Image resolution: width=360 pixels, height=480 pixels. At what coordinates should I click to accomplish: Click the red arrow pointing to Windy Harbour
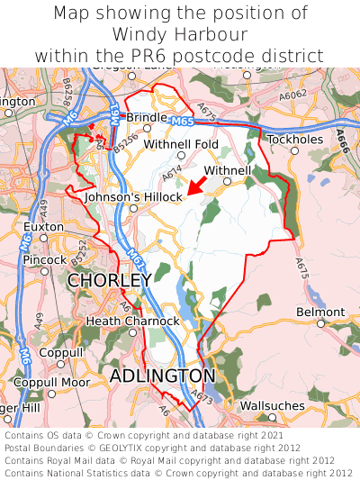197,186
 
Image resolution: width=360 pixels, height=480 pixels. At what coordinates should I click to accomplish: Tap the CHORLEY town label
109,281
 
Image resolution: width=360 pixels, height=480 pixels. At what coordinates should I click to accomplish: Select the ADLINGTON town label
163,376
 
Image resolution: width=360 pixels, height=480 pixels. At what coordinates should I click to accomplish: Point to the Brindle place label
147,118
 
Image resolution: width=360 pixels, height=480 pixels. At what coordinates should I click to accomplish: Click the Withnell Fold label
181,144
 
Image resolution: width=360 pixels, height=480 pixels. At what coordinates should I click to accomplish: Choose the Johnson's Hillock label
133,196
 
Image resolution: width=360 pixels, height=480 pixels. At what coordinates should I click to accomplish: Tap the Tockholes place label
294,140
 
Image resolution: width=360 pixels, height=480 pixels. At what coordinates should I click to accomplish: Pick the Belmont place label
320,312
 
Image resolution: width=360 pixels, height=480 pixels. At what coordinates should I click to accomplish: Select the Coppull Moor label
56,383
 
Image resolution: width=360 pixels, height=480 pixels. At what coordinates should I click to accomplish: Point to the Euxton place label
43,227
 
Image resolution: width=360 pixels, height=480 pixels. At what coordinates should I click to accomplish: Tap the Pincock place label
45,260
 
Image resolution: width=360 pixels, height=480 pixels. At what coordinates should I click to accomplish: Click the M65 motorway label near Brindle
180,120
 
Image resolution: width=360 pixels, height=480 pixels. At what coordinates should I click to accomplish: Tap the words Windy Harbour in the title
180,34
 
